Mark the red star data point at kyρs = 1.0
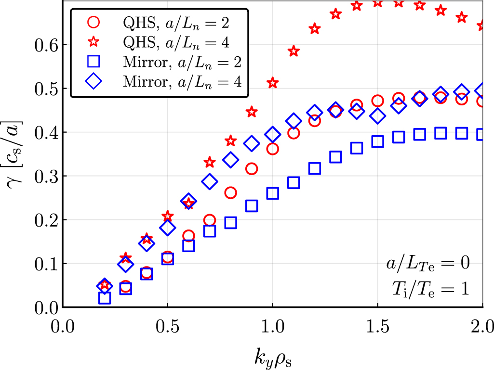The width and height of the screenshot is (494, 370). [273, 83]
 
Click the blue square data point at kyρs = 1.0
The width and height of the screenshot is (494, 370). [273, 193]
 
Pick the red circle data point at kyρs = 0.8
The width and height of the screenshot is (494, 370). [231, 193]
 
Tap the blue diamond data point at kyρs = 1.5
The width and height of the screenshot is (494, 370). [378, 116]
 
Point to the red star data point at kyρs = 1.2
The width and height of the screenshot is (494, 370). [315, 29]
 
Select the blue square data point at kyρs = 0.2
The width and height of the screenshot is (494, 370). [105, 298]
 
